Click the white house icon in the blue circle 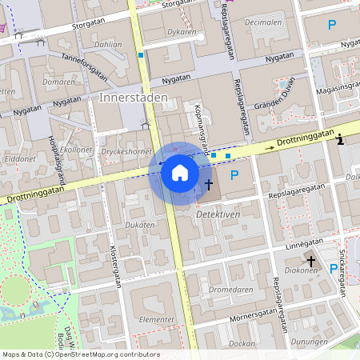click(180, 173)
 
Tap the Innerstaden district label click(134, 97)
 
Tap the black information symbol click(341, 140)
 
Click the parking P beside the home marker click(234, 175)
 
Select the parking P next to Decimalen click(331, 25)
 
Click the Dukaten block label click(139, 226)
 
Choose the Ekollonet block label click(77, 150)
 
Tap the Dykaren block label click(182, 33)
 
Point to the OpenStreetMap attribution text click(80, 354)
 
